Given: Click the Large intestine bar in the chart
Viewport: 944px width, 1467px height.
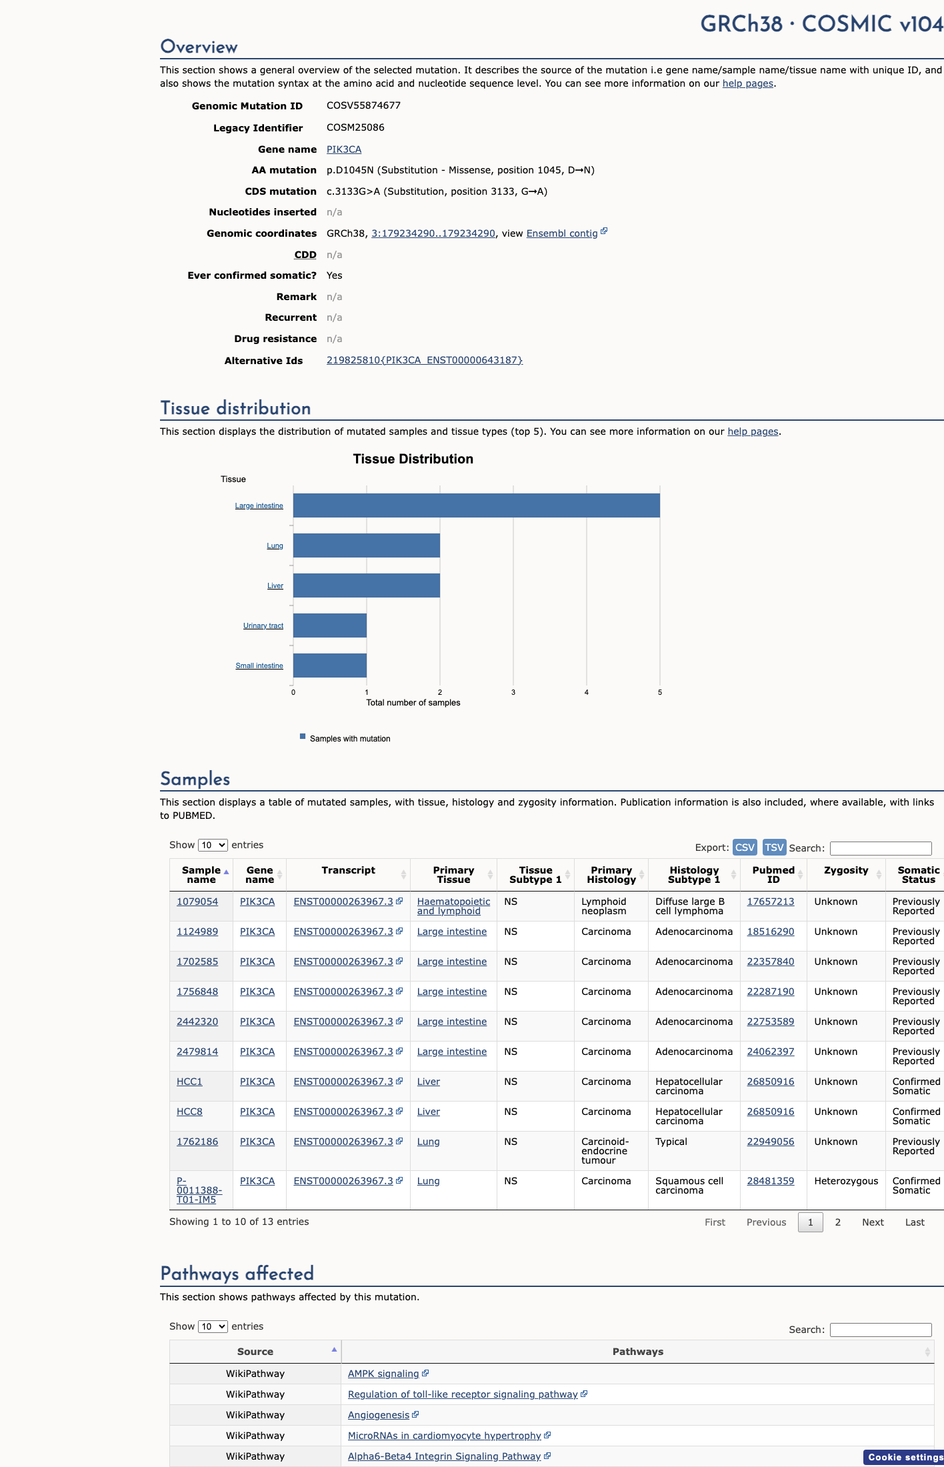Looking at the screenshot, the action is pyautogui.click(x=477, y=505).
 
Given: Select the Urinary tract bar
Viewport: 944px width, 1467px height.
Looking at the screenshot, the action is pyautogui.click(x=330, y=625).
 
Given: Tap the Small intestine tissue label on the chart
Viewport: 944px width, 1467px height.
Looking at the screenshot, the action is pyautogui.click(x=259, y=665).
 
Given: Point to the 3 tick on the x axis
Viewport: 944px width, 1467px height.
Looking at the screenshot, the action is pyautogui.click(x=513, y=692).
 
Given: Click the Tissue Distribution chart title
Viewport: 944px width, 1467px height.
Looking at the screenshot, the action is pyautogui.click(x=413, y=459).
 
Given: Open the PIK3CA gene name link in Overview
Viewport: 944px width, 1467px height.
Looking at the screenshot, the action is pyautogui.click(x=344, y=149).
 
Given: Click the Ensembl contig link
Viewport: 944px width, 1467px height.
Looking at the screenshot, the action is pyautogui.click(x=562, y=233).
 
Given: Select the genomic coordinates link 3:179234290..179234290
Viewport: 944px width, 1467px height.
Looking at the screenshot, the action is pyautogui.click(x=433, y=233).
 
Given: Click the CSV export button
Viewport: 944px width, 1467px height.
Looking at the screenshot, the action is pyautogui.click(x=745, y=848).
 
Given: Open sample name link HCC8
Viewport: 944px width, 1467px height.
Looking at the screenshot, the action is pyautogui.click(x=189, y=1112).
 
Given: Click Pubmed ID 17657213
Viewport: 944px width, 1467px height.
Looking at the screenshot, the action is pyautogui.click(x=771, y=902).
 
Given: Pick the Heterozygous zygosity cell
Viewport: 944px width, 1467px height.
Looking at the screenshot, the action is pyautogui.click(x=846, y=1181).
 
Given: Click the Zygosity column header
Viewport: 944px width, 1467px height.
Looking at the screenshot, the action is pyautogui.click(x=846, y=870).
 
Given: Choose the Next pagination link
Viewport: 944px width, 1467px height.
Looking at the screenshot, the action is pyautogui.click(x=873, y=1222).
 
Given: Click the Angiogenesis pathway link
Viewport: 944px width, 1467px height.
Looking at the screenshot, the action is pyautogui.click(x=379, y=1415).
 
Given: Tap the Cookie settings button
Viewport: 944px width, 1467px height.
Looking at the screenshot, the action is pyautogui.click(x=904, y=1457).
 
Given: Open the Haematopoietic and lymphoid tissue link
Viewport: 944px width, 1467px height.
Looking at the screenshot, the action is pyautogui.click(x=453, y=906).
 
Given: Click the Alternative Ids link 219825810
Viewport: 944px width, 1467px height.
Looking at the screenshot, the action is pyautogui.click(x=425, y=360).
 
